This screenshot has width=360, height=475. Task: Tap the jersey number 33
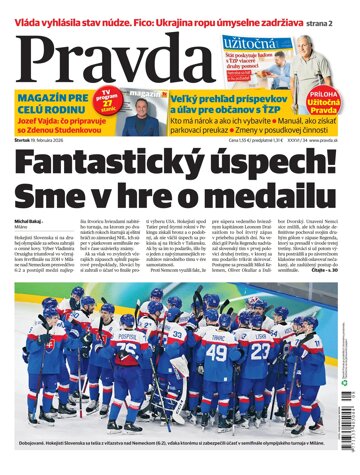177,335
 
